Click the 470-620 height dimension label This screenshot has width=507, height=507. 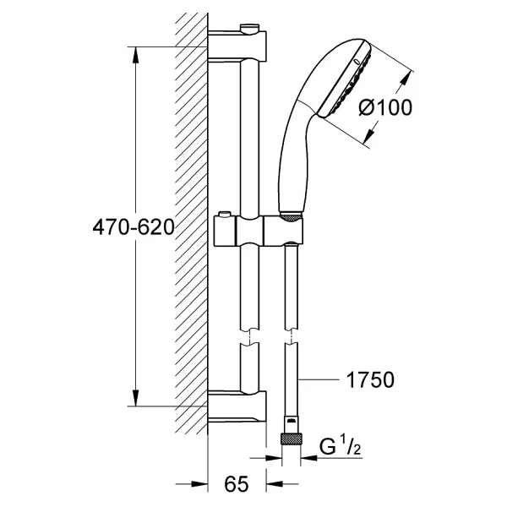[134, 227]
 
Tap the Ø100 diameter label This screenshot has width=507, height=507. [385, 107]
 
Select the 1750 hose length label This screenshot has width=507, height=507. [370, 379]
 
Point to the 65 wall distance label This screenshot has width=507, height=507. [237, 484]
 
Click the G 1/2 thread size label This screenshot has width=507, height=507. [341, 446]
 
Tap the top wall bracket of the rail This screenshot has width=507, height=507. [237, 45]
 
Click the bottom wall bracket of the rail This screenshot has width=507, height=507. [237, 406]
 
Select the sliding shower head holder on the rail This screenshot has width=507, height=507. [259, 230]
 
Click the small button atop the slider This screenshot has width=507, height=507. [225, 215]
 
